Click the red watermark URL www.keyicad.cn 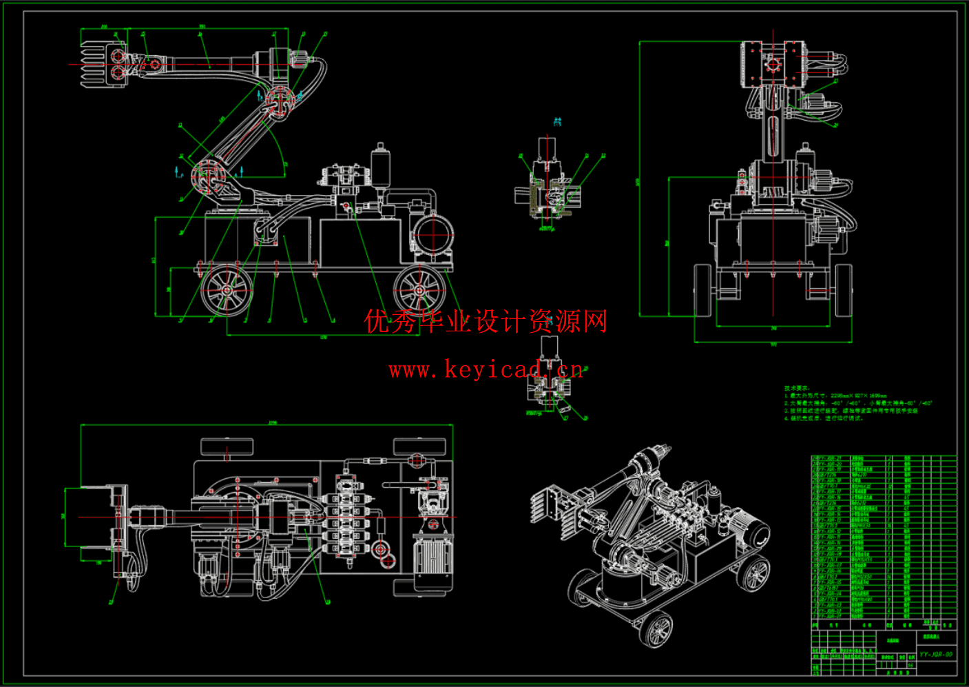click(x=486, y=370)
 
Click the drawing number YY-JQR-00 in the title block click(x=937, y=654)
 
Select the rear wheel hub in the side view click(x=419, y=290)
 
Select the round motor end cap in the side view click(x=433, y=235)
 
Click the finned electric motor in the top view click(x=432, y=555)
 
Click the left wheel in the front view click(x=702, y=290)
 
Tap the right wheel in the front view click(x=844, y=290)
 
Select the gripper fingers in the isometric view click(x=551, y=506)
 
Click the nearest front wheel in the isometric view click(x=658, y=628)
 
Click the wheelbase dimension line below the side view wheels click(x=324, y=336)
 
